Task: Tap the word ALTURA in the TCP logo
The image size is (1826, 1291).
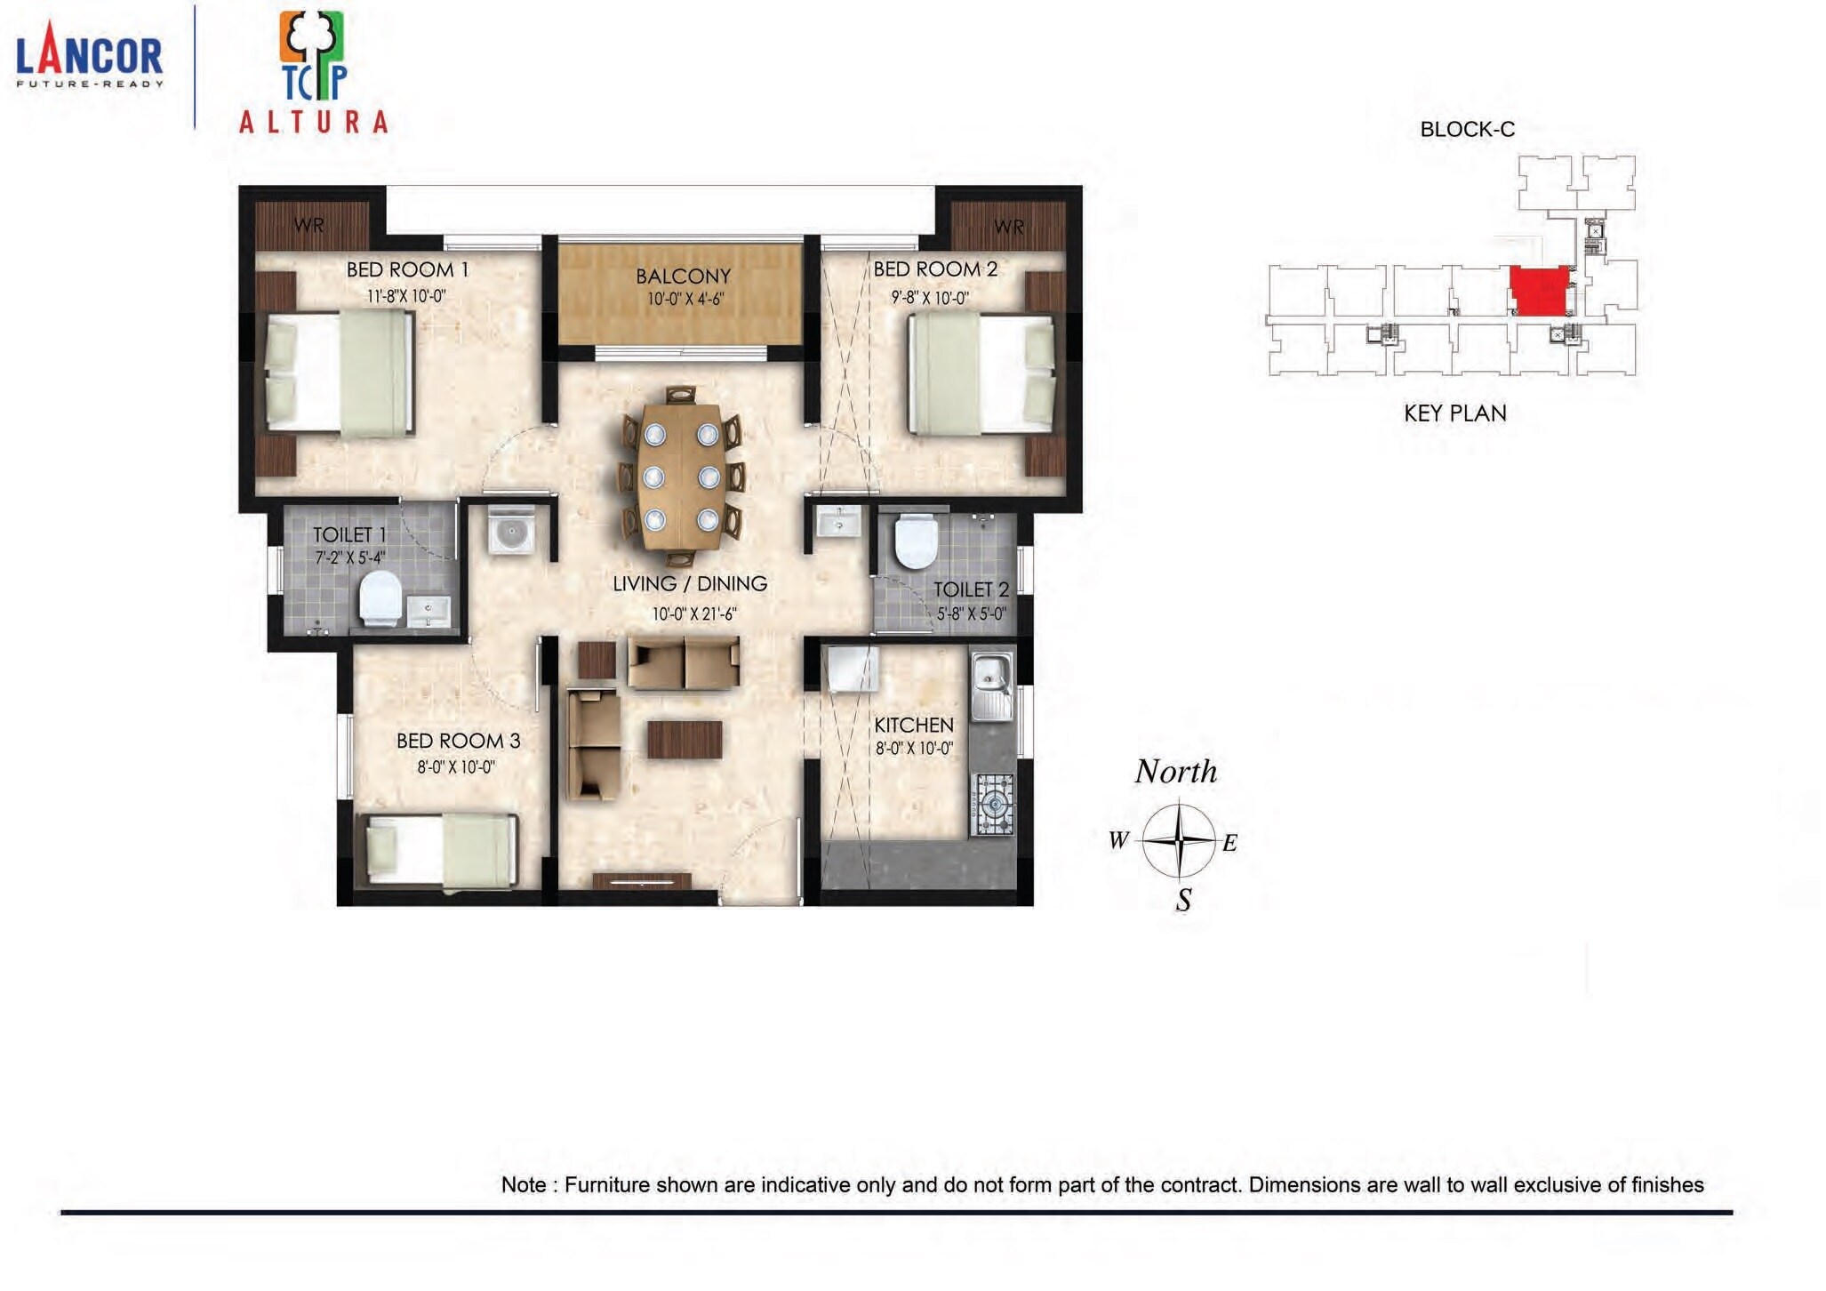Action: tap(313, 122)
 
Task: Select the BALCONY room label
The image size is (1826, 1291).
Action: tap(683, 277)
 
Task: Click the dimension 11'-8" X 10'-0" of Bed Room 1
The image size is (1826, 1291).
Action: tap(406, 296)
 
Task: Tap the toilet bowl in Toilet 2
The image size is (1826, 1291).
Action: tap(916, 541)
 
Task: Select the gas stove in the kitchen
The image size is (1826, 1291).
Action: tap(993, 806)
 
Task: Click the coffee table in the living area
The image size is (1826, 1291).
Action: tap(684, 740)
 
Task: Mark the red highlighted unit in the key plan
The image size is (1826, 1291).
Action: tap(1539, 291)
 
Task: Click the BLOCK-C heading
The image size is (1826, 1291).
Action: tap(1467, 130)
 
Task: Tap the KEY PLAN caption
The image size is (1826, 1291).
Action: tap(1454, 413)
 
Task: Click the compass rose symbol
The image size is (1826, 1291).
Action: tap(1179, 840)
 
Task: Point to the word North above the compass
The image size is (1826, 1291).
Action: tap(1175, 772)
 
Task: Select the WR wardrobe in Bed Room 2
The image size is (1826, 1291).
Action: tap(1008, 226)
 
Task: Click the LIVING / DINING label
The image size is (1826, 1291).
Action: tap(689, 584)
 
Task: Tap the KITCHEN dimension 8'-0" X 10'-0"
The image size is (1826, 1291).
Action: tap(914, 749)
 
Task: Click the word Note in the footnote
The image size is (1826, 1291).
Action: tap(523, 1185)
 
